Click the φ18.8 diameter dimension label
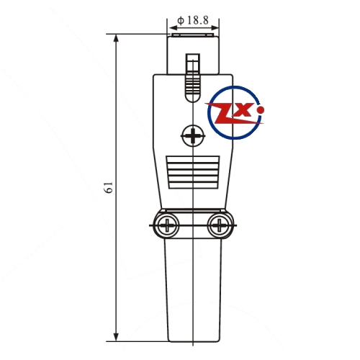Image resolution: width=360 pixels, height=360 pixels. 193,20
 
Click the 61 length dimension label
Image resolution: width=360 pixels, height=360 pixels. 109,187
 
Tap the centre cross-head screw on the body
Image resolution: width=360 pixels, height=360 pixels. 193,136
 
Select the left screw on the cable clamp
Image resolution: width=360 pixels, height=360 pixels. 166,225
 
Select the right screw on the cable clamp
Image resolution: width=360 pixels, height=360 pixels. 219,225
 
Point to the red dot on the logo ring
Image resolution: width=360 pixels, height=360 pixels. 261,110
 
